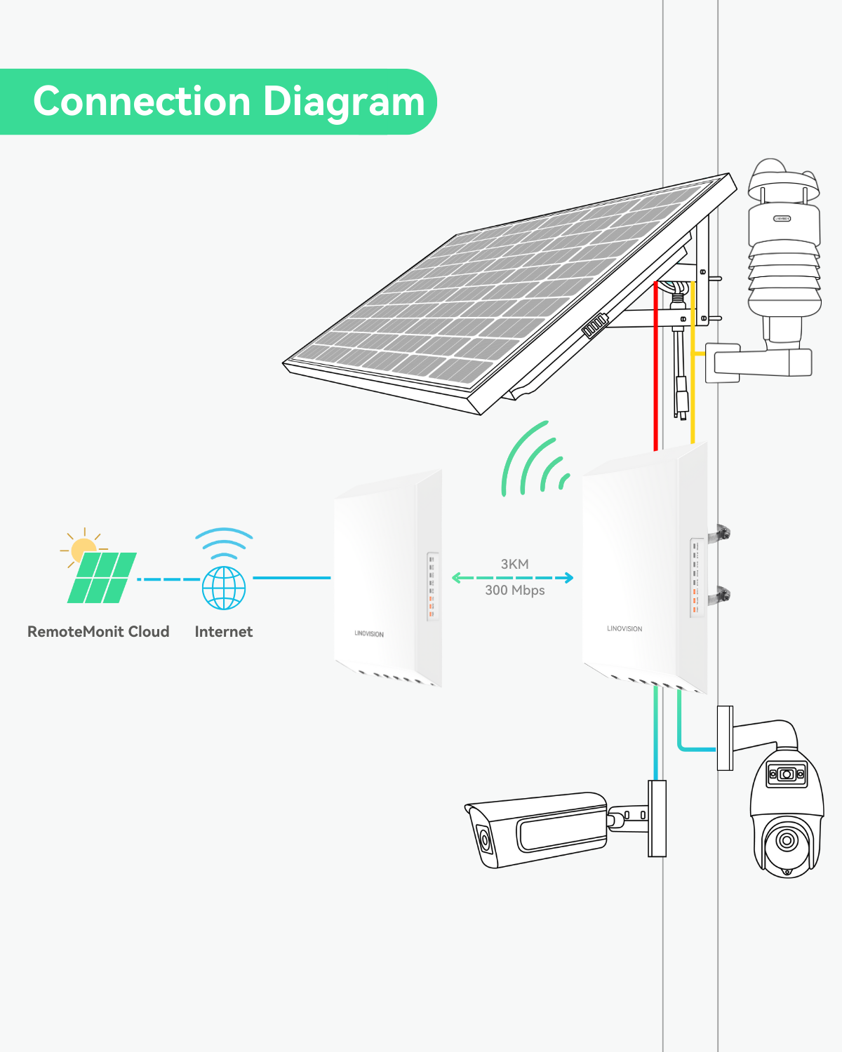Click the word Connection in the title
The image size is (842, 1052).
142,102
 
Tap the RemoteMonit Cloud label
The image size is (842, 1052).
98,631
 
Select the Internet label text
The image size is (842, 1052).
223,631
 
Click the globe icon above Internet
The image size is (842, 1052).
224,588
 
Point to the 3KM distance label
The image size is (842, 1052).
514,564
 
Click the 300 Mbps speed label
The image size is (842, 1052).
514,591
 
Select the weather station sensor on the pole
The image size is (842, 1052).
783,252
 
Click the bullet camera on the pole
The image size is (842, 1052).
540,831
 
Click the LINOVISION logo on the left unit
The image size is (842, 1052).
369,633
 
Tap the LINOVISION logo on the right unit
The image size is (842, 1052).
624,628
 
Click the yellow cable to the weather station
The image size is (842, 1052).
693,393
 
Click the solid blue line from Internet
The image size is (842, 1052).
291,578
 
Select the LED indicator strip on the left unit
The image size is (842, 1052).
432,586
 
